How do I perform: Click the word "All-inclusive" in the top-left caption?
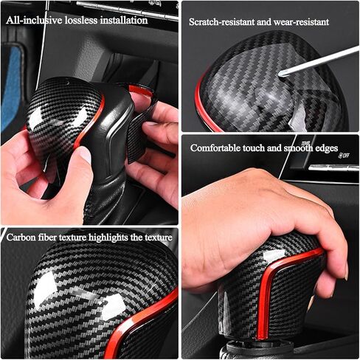click(x=34, y=20)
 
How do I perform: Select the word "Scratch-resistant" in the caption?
click(x=221, y=22)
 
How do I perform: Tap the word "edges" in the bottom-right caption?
click(x=327, y=149)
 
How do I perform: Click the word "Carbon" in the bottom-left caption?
click(x=21, y=238)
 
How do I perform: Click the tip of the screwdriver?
click(x=280, y=73)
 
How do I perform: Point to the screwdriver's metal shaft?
click(x=319, y=60)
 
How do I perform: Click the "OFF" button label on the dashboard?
click(x=346, y=155)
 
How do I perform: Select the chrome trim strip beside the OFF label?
click(x=333, y=167)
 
